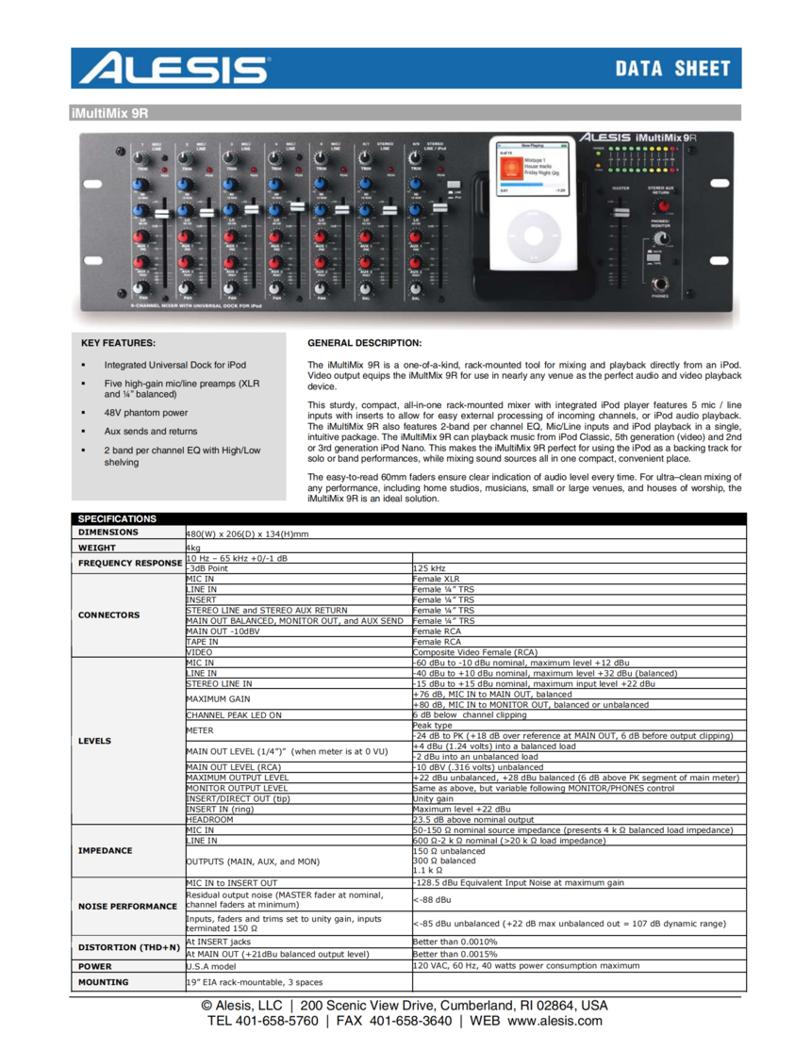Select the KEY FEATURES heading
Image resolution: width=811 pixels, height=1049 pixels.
[x=119, y=343]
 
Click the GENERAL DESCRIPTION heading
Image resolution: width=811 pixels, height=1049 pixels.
[x=365, y=343]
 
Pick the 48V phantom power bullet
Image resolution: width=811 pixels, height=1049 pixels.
[x=146, y=413]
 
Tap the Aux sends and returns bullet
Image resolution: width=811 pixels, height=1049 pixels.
[x=151, y=431]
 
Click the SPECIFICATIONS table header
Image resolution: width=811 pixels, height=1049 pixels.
[x=117, y=518]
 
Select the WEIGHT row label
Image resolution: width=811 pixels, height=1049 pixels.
[x=97, y=548]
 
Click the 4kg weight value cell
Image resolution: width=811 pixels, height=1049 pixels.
[x=194, y=548]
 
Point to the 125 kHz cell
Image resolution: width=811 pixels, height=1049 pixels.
[x=429, y=568]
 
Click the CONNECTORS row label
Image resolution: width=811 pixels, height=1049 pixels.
[x=108, y=615]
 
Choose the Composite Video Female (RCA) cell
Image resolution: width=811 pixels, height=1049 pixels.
[x=475, y=652]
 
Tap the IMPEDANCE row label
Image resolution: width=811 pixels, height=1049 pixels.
[x=106, y=850]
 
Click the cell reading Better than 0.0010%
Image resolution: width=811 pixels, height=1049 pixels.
[x=455, y=942]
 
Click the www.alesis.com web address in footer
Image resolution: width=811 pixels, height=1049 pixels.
[x=554, y=1021]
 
